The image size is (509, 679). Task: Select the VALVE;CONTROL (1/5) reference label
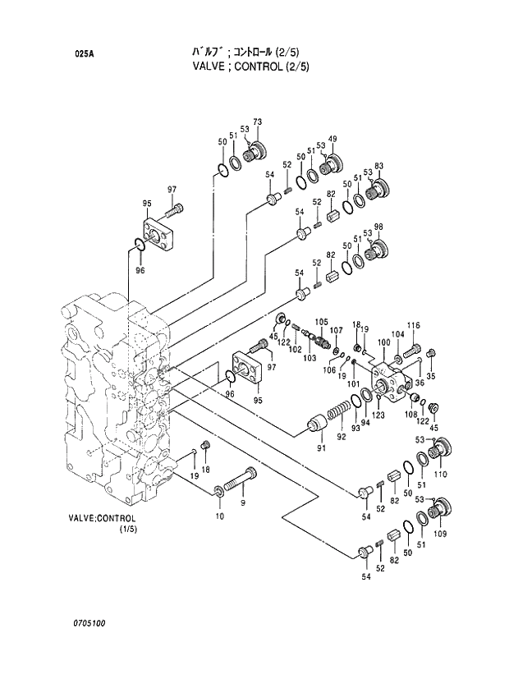(x=102, y=524)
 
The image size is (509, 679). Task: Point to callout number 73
(x=257, y=122)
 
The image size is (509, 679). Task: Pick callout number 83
(x=378, y=167)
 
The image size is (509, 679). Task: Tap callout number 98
(x=378, y=227)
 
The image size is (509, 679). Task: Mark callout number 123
(x=378, y=415)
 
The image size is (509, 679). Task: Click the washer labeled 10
(x=219, y=492)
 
